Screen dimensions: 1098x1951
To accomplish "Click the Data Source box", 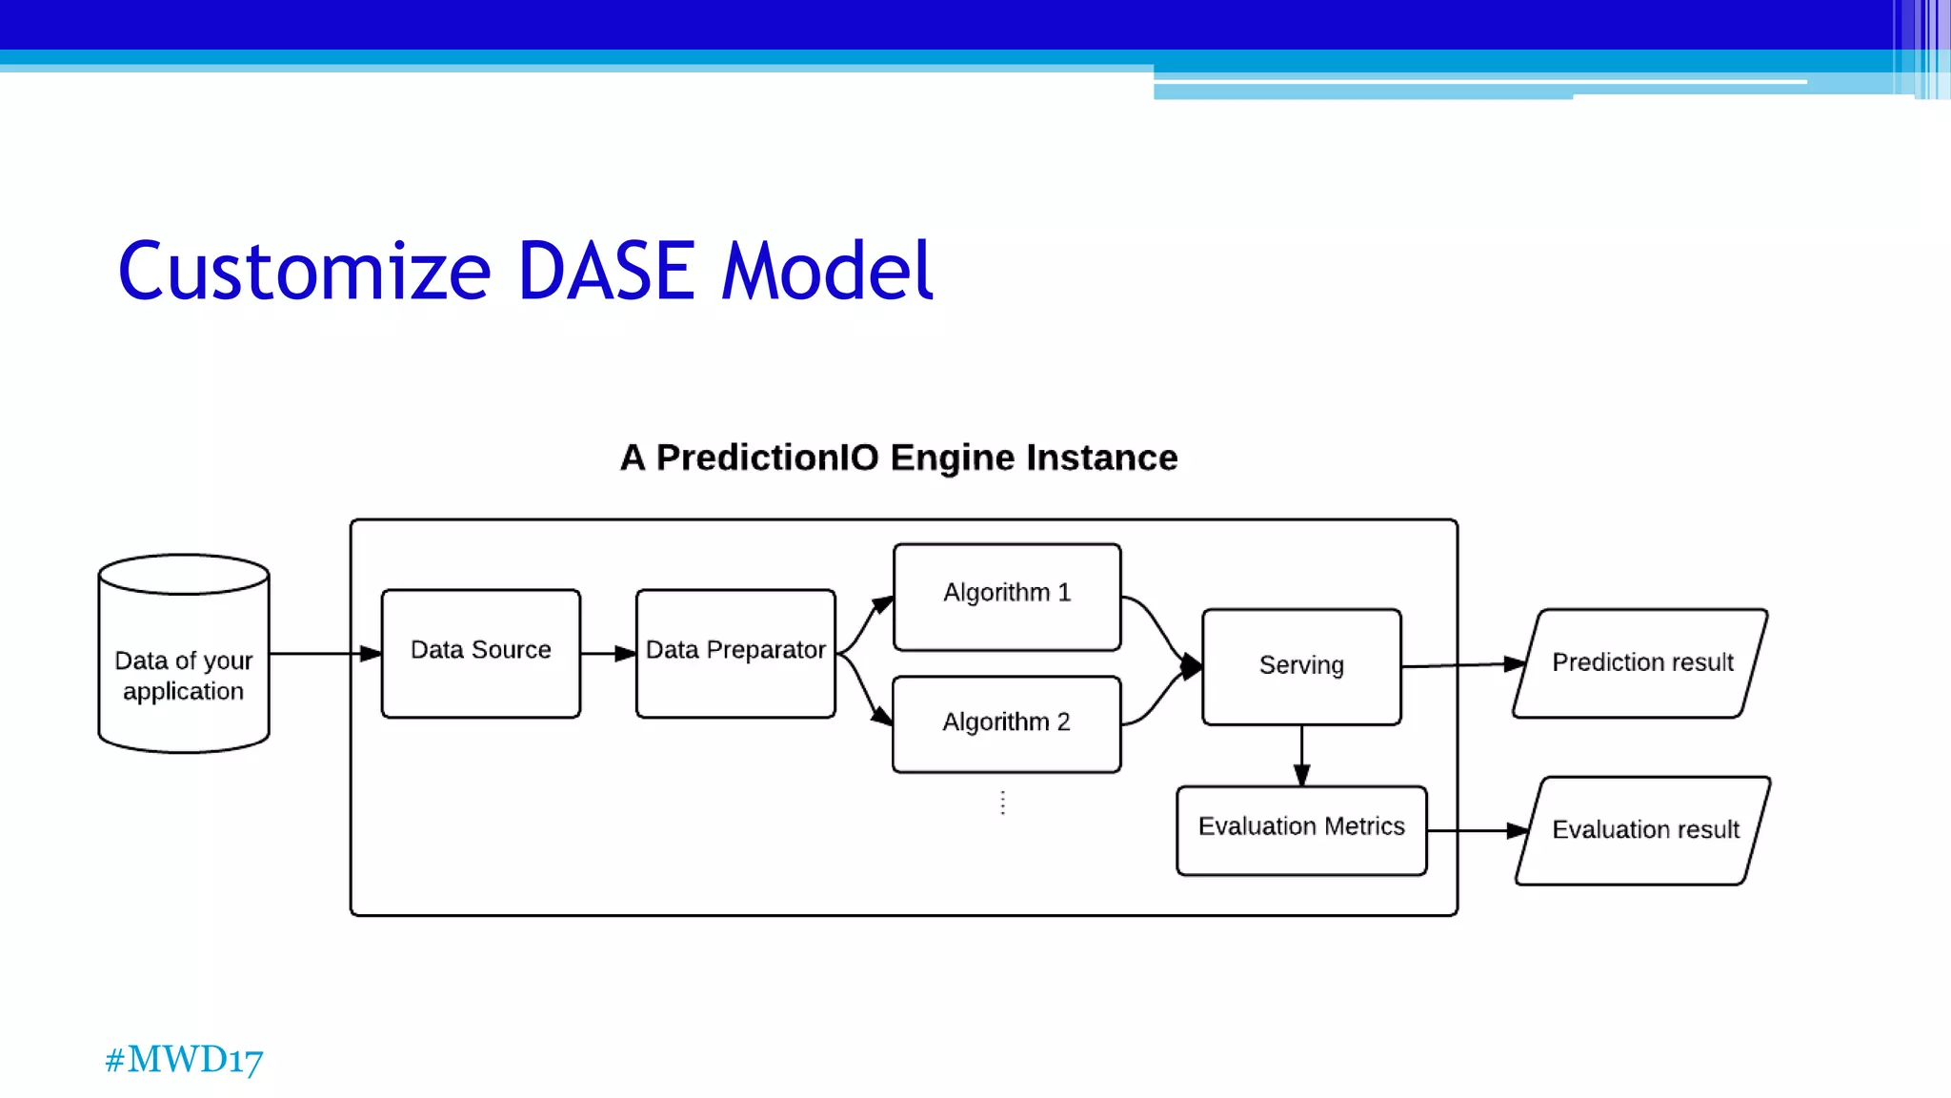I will tap(480, 653).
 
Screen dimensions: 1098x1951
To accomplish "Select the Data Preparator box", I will tap(735, 653).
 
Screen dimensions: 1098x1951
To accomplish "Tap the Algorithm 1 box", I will tap(1007, 597).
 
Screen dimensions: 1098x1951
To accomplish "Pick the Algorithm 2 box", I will tap(1007, 723).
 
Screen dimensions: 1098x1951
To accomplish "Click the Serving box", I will tap(1301, 666).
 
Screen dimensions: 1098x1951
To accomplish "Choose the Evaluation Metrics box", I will tap(1301, 829).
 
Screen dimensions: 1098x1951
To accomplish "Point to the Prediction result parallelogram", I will tap(1641, 663).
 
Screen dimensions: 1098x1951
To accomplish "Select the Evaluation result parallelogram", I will tap(1643, 830).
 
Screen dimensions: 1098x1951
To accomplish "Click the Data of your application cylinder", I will tap(184, 667).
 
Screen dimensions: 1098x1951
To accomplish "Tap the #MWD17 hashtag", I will tap(184, 1059).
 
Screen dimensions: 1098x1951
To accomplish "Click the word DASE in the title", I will tap(606, 272).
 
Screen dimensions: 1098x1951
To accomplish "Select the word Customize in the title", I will tap(305, 272).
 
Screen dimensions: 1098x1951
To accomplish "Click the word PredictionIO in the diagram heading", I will tap(768, 458).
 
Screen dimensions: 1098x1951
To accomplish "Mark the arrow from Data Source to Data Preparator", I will tap(608, 654).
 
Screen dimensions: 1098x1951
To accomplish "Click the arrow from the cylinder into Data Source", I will tap(324, 654).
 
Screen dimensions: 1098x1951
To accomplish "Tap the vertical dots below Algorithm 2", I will tap(1003, 803).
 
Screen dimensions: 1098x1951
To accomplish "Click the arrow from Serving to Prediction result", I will tap(1462, 665).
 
